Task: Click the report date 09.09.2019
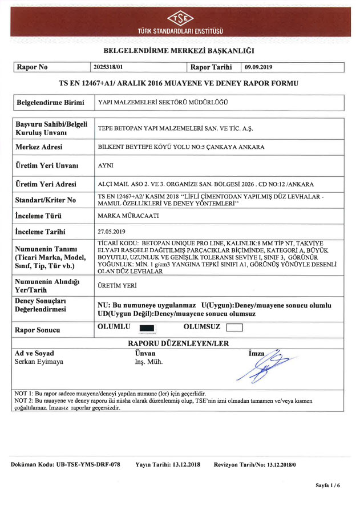pos(258,67)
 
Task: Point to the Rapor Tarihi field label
pos(211,67)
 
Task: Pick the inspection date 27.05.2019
pos(111,232)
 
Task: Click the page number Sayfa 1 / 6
pos(327,485)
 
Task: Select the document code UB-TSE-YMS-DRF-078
pos(66,465)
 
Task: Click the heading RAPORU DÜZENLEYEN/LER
pos(179,344)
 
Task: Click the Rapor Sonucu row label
pos(39,330)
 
